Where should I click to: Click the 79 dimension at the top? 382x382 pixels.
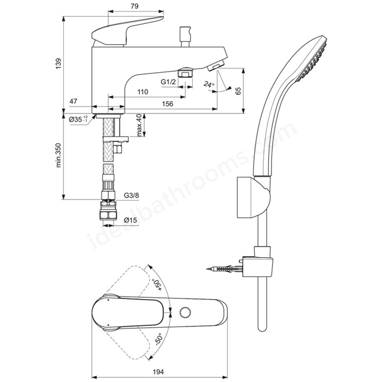[134, 6]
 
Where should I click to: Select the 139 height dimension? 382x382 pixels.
[58, 63]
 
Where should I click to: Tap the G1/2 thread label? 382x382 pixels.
[168, 82]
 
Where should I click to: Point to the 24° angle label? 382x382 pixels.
[209, 85]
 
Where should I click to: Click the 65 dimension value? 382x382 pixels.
[238, 91]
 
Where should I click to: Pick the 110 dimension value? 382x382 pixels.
[143, 92]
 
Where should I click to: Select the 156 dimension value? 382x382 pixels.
[168, 104]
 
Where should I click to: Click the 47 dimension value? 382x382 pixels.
[73, 101]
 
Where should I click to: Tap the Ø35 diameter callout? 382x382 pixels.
[78, 119]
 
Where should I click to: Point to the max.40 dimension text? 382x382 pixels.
[139, 125]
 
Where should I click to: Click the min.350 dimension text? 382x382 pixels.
[58, 155]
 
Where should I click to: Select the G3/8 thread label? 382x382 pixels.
[131, 195]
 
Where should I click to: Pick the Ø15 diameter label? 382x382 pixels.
[130, 220]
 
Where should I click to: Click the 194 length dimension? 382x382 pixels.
[158, 372]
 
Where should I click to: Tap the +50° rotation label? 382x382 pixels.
[156, 285]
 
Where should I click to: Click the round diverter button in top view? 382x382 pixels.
[185, 312]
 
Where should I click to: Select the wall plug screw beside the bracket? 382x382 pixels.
[224, 269]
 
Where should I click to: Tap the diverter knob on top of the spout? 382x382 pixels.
[185, 37]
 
